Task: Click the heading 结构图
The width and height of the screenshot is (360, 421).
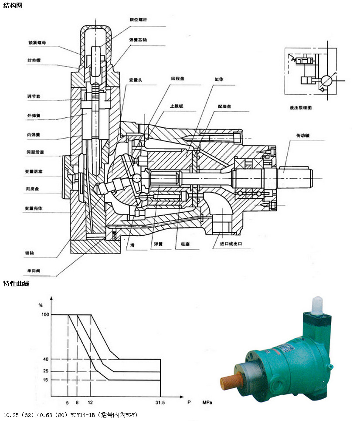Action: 13,6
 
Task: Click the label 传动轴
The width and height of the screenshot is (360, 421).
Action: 302,136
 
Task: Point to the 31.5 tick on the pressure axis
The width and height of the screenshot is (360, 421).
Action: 160,403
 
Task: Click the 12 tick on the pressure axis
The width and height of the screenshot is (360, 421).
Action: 90,403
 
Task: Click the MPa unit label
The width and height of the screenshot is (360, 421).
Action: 207,403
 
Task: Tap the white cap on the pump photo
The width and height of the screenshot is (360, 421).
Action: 317,306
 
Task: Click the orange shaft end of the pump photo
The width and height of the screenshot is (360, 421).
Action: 228,383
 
